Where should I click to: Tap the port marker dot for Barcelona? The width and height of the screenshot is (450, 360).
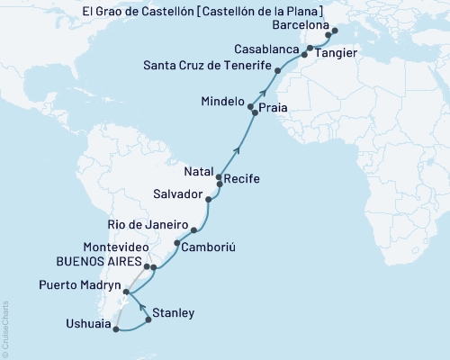[335, 31]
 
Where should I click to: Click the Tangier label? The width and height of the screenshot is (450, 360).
[335, 54]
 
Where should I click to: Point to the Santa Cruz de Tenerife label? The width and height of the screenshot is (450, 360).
[208, 66]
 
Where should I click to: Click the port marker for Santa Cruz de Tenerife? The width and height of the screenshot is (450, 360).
[278, 70]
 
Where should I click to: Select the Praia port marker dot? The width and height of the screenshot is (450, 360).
[254, 115]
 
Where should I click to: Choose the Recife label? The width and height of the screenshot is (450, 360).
[242, 179]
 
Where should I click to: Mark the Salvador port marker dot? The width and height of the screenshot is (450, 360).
[209, 200]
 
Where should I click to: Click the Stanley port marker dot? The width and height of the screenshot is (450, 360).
[148, 319]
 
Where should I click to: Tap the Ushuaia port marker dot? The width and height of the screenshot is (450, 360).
[114, 329]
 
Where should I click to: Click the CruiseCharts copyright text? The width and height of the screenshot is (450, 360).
[5, 328]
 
